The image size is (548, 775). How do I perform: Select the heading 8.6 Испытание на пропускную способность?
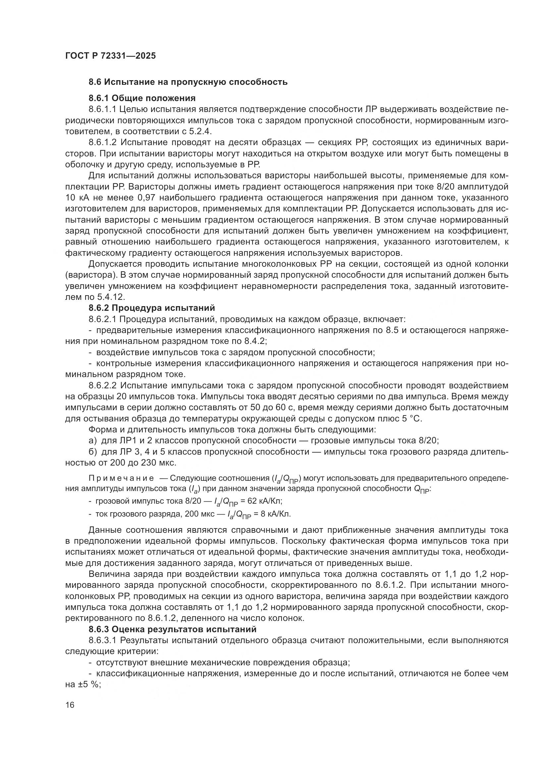pyautogui.click(x=188, y=82)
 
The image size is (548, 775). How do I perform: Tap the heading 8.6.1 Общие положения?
pyautogui.click(x=142, y=98)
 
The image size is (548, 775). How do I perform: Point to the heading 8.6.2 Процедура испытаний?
pyautogui.click(x=151, y=308)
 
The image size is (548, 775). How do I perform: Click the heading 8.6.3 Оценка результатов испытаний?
pyautogui.click(x=172, y=629)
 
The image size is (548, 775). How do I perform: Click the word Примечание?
pyautogui.click(x=121, y=478)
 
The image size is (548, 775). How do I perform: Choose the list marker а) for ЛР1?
pyautogui.click(x=93, y=441)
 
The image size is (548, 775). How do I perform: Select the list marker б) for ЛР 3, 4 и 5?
pyautogui.click(x=93, y=452)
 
